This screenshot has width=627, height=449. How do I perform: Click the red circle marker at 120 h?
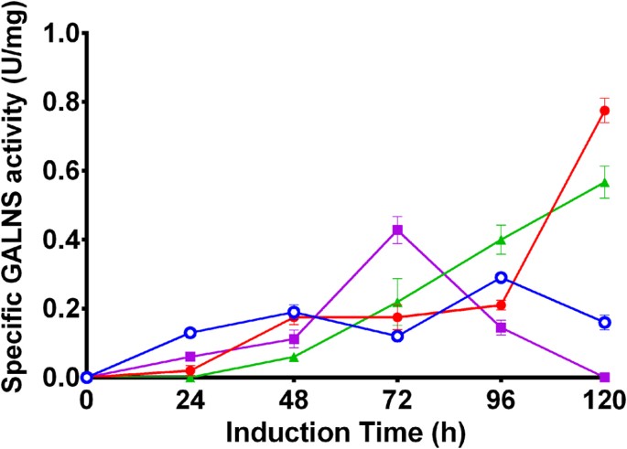pyautogui.click(x=604, y=111)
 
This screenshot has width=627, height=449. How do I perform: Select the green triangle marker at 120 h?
pyautogui.click(x=604, y=183)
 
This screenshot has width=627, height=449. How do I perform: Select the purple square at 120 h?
pyautogui.click(x=604, y=377)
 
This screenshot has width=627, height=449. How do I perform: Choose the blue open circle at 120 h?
pyautogui.click(x=604, y=322)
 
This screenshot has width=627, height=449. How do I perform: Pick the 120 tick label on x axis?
pyautogui.click(x=603, y=400)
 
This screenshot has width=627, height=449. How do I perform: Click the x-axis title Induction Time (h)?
pyautogui.click(x=345, y=431)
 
